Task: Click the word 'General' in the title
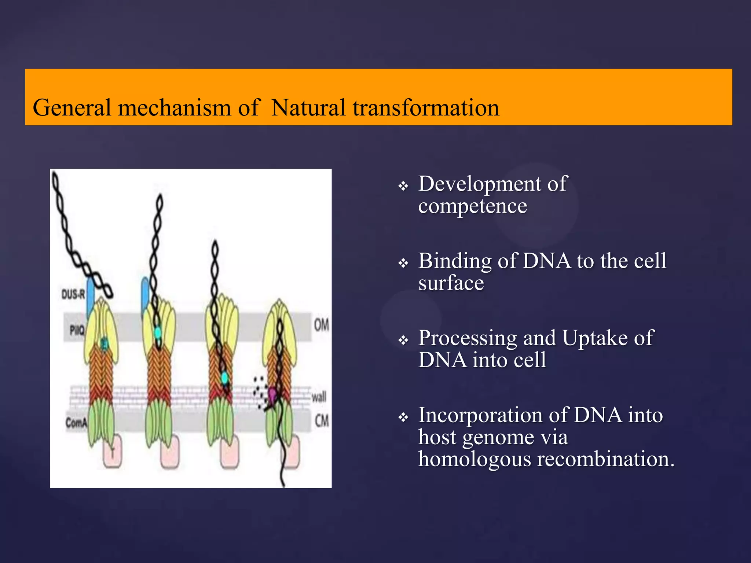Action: tap(72, 108)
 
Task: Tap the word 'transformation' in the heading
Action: tap(426, 108)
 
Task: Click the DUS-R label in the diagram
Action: tap(73, 294)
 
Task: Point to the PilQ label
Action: tap(77, 331)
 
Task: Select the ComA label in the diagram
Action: tap(76, 423)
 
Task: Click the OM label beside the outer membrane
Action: tap(321, 325)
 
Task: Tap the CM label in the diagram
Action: tap(322, 420)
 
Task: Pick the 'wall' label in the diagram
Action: tap(319, 397)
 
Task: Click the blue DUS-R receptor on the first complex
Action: tap(90, 297)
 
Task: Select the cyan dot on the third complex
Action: tap(224, 378)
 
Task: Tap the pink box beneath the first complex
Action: tap(112, 455)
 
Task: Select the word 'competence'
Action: tap(472, 206)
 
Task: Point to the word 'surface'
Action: tap(451, 283)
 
